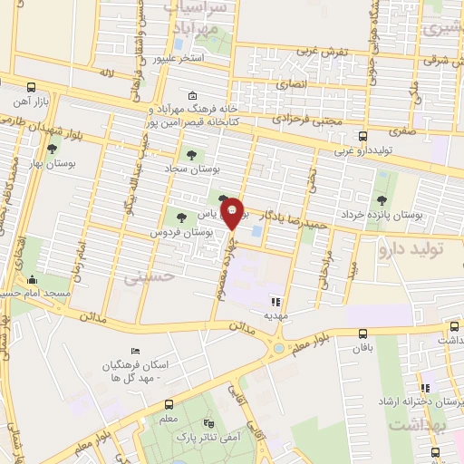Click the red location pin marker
(x=233, y=213)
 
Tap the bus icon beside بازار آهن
(x=33, y=88)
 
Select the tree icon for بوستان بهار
(x=52, y=149)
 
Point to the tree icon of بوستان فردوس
(x=181, y=217)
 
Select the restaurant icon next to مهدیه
(x=275, y=301)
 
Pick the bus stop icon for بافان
(x=363, y=334)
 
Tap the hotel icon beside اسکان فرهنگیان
(x=136, y=351)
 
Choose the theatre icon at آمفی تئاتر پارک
(x=209, y=422)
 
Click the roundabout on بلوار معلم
(x=277, y=345)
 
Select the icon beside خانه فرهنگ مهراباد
(x=191, y=96)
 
